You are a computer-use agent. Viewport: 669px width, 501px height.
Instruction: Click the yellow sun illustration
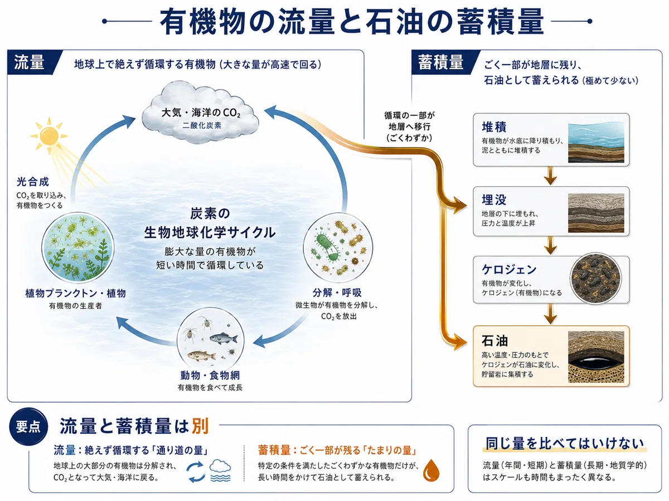click(49, 135)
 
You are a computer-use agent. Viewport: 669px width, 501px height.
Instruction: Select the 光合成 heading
click(32, 182)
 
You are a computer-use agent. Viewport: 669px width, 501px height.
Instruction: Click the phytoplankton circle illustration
click(77, 248)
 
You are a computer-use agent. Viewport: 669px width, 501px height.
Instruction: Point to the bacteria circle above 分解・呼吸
click(338, 248)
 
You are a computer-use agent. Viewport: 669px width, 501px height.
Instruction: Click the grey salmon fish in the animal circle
click(224, 338)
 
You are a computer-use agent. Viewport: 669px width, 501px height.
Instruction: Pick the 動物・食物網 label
click(210, 375)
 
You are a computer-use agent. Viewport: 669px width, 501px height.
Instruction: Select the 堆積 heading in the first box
click(494, 127)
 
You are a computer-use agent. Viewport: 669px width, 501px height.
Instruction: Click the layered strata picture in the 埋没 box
click(596, 213)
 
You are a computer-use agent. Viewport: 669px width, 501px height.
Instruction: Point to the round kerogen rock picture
click(595, 279)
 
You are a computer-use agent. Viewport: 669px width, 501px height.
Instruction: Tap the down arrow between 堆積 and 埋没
click(550, 175)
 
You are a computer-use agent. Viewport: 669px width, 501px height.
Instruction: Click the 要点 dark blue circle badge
click(28, 427)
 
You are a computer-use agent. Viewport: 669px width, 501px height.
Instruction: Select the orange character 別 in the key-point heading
click(200, 425)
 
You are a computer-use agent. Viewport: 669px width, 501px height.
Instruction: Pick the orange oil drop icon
click(432, 470)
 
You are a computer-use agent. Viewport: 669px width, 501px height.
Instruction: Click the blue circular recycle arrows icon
click(195, 472)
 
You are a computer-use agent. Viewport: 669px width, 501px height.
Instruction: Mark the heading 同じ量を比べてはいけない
click(564, 444)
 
